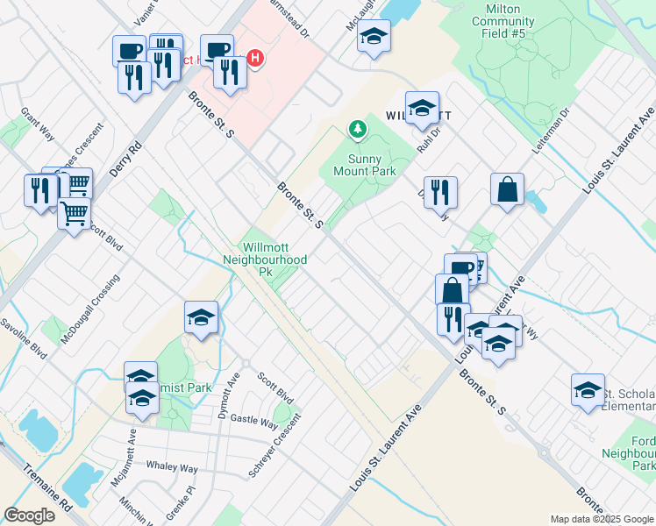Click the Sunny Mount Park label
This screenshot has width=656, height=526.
point(364,164)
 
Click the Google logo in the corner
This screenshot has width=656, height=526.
point(29,515)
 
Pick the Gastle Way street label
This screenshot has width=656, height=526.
point(254,421)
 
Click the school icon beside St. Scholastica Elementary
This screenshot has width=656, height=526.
point(588,389)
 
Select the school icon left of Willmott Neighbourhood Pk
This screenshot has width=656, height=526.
point(201,316)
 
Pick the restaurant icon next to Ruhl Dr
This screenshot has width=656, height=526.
point(440,191)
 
